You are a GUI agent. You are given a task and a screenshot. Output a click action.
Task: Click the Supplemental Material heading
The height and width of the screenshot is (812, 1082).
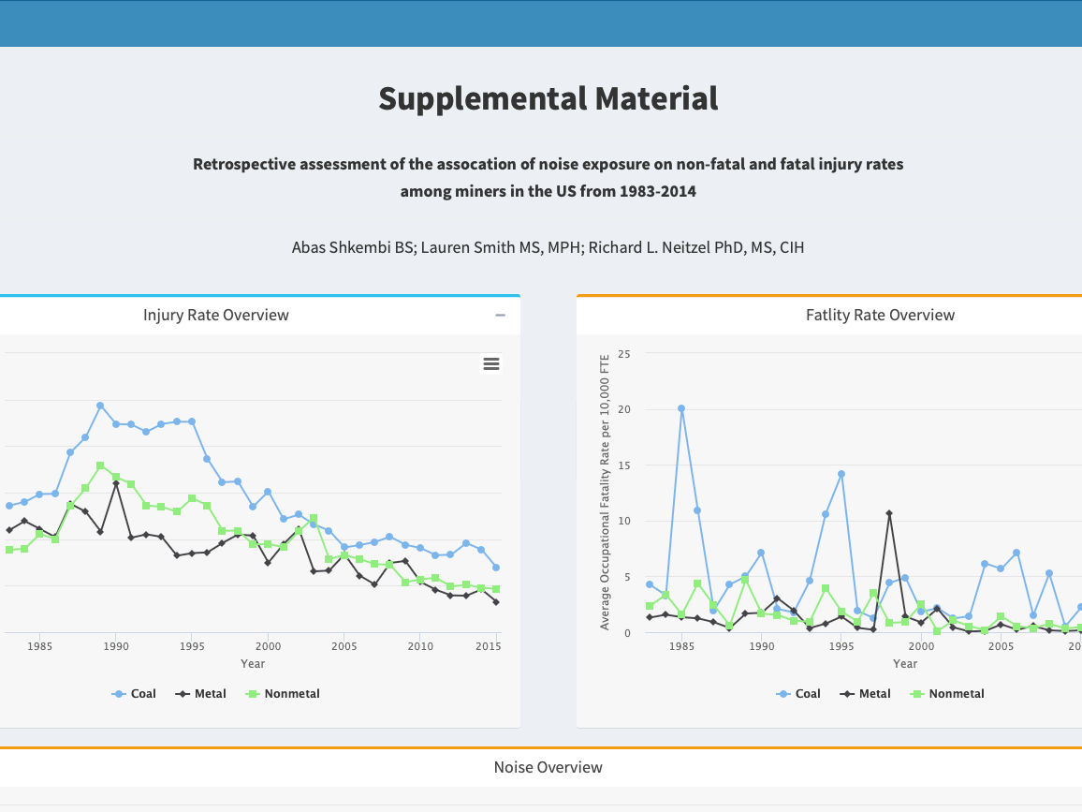pyautogui.click(x=548, y=98)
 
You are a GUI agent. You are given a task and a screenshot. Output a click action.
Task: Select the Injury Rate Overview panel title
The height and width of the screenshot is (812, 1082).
pyautogui.click(x=215, y=315)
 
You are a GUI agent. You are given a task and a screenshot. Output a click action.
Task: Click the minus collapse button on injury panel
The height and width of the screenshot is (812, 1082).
pyautogui.click(x=501, y=316)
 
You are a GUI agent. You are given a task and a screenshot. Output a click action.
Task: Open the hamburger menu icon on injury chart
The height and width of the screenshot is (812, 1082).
pyautogui.click(x=491, y=363)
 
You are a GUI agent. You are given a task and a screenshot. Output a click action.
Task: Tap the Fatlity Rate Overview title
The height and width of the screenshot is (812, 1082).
pyautogui.click(x=880, y=315)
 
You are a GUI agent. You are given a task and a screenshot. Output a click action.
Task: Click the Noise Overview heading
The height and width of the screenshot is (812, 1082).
pyautogui.click(x=548, y=767)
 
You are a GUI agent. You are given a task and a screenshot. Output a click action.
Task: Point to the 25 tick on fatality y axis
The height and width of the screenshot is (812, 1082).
pyautogui.click(x=623, y=354)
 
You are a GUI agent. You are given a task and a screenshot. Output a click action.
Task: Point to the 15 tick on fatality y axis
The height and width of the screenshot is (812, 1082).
pyautogui.click(x=623, y=465)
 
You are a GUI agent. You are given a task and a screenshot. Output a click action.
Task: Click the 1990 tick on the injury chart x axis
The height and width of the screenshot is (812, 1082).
pyautogui.click(x=115, y=646)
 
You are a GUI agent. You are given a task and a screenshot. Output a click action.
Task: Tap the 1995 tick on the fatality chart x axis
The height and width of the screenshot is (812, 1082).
pyautogui.click(x=841, y=646)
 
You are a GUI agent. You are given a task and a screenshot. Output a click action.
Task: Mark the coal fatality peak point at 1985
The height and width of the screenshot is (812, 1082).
pyautogui.click(x=681, y=408)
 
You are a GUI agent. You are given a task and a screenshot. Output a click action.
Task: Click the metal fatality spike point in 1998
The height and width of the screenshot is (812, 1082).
pyautogui.click(x=889, y=513)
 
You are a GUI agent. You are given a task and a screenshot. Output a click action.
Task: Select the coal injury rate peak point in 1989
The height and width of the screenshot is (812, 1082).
pyautogui.click(x=100, y=406)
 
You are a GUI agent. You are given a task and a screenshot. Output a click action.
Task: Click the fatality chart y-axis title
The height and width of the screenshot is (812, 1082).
pyautogui.click(x=605, y=492)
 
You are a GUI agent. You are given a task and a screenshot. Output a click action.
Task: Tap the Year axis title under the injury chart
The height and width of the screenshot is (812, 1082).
pyautogui.click(x=252, y=664)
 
